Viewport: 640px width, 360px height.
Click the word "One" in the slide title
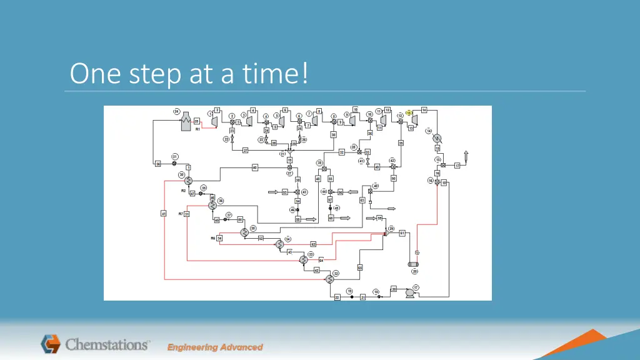[91, 74]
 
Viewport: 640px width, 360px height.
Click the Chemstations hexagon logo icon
[51, 344]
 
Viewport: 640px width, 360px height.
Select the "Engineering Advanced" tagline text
[215, 347]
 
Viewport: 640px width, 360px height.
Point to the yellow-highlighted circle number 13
[409, 112]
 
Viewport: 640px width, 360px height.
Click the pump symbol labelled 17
[411, 292]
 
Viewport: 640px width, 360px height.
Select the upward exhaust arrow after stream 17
[466, 156]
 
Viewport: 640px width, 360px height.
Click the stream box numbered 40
[255, 167]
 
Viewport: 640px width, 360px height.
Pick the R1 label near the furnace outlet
[197, 129]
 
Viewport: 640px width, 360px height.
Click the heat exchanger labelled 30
[189, 179]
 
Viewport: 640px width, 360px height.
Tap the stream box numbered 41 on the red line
[164, 214]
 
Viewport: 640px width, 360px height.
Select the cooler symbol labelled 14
[437, 138]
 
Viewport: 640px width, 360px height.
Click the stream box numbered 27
[246, 151]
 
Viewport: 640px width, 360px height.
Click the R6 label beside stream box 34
[212, 238]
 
